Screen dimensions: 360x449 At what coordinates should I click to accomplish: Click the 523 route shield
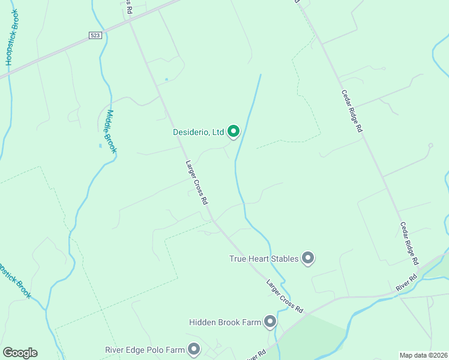point(95,36)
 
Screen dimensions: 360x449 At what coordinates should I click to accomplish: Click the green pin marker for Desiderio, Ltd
point(233,131)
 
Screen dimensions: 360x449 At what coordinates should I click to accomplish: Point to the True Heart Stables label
point(264,259)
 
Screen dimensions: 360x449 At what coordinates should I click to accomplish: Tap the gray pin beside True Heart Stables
point(308,259)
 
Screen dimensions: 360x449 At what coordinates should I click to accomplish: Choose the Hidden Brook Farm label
point(225,323)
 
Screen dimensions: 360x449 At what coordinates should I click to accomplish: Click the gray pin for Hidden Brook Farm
point(270,322)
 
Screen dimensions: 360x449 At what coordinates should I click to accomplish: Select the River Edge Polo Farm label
point(144,349)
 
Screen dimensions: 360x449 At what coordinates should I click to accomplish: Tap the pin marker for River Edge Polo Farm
point(194,349)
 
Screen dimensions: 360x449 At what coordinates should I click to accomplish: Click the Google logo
point(20,352)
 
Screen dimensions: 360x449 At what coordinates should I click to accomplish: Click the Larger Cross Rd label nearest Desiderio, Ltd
point(196,181)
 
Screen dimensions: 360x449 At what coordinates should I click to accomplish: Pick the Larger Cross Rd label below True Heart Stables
point(285,296)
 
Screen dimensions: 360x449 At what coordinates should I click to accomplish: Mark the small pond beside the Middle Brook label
point(100,145)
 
